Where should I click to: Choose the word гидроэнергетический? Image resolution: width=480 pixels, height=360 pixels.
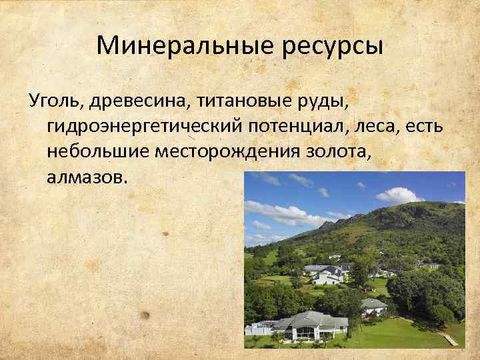143,127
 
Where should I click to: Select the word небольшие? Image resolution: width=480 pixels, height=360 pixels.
99,151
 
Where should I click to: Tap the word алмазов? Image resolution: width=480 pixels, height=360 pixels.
84,177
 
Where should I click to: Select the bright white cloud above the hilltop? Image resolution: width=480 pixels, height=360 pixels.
399,195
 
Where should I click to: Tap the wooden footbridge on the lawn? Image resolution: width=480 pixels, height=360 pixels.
449,339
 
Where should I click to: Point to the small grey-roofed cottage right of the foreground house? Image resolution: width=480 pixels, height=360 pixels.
373,306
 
